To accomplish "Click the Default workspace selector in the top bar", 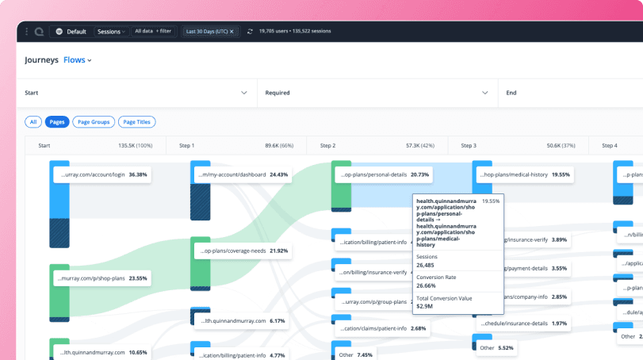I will coord(71,32).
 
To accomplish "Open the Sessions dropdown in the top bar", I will coord(111,32).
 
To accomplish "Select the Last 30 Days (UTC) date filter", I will coord(210,32).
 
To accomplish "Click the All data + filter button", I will coord(153,32).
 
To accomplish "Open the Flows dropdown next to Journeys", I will coord(78,60).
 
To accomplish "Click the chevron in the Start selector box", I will coord(244,93).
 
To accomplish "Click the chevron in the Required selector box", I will coord(484,93).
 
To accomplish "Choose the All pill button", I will coord(33,122).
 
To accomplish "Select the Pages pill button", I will coord(57,122).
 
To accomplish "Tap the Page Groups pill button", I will coord(94,122).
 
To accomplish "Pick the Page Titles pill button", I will coord(137,122).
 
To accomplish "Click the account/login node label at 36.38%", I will coord(101,174).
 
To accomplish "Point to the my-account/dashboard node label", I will coord(240,174).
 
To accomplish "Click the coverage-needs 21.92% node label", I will coord(242,251).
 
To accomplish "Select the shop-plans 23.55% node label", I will coord(101,278).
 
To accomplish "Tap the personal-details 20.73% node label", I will coord(384,174).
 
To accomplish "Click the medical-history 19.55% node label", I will coord(524,174).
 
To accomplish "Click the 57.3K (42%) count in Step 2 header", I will coord(419,146).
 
